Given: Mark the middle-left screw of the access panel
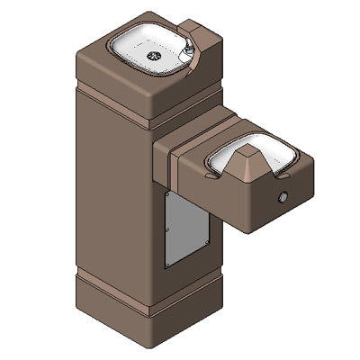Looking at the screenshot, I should point(168,228).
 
